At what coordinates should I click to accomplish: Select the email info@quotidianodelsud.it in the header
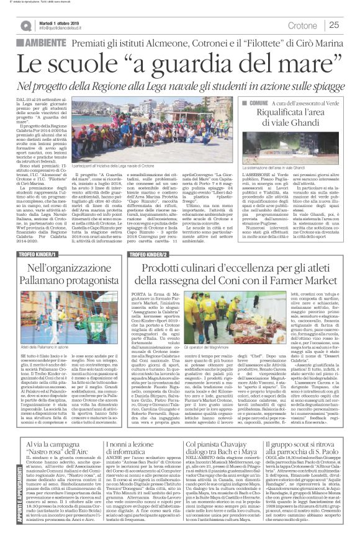63,28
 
